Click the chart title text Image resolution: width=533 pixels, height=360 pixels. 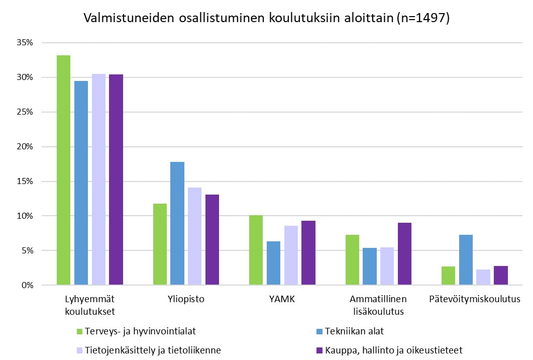pos(266,18)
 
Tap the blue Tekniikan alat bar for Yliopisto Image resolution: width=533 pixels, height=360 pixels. pos(177,223)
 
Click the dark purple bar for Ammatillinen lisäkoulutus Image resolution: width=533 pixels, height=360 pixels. pos(404,254)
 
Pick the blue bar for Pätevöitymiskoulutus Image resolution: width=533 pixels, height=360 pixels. pos(466,260)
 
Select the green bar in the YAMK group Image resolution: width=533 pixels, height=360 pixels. pos(256,250)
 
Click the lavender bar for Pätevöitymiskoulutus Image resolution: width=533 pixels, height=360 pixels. pos(483,278)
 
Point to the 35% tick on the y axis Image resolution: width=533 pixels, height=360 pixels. pos(25,43)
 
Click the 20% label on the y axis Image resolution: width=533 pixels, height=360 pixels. pos(25,147)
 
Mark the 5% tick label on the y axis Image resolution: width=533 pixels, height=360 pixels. pos(27,250)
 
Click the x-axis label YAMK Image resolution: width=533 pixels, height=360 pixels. pos(282,300)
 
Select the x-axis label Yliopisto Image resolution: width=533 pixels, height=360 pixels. pos(186,300)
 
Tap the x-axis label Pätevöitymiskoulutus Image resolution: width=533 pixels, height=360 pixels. pos(474,300)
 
